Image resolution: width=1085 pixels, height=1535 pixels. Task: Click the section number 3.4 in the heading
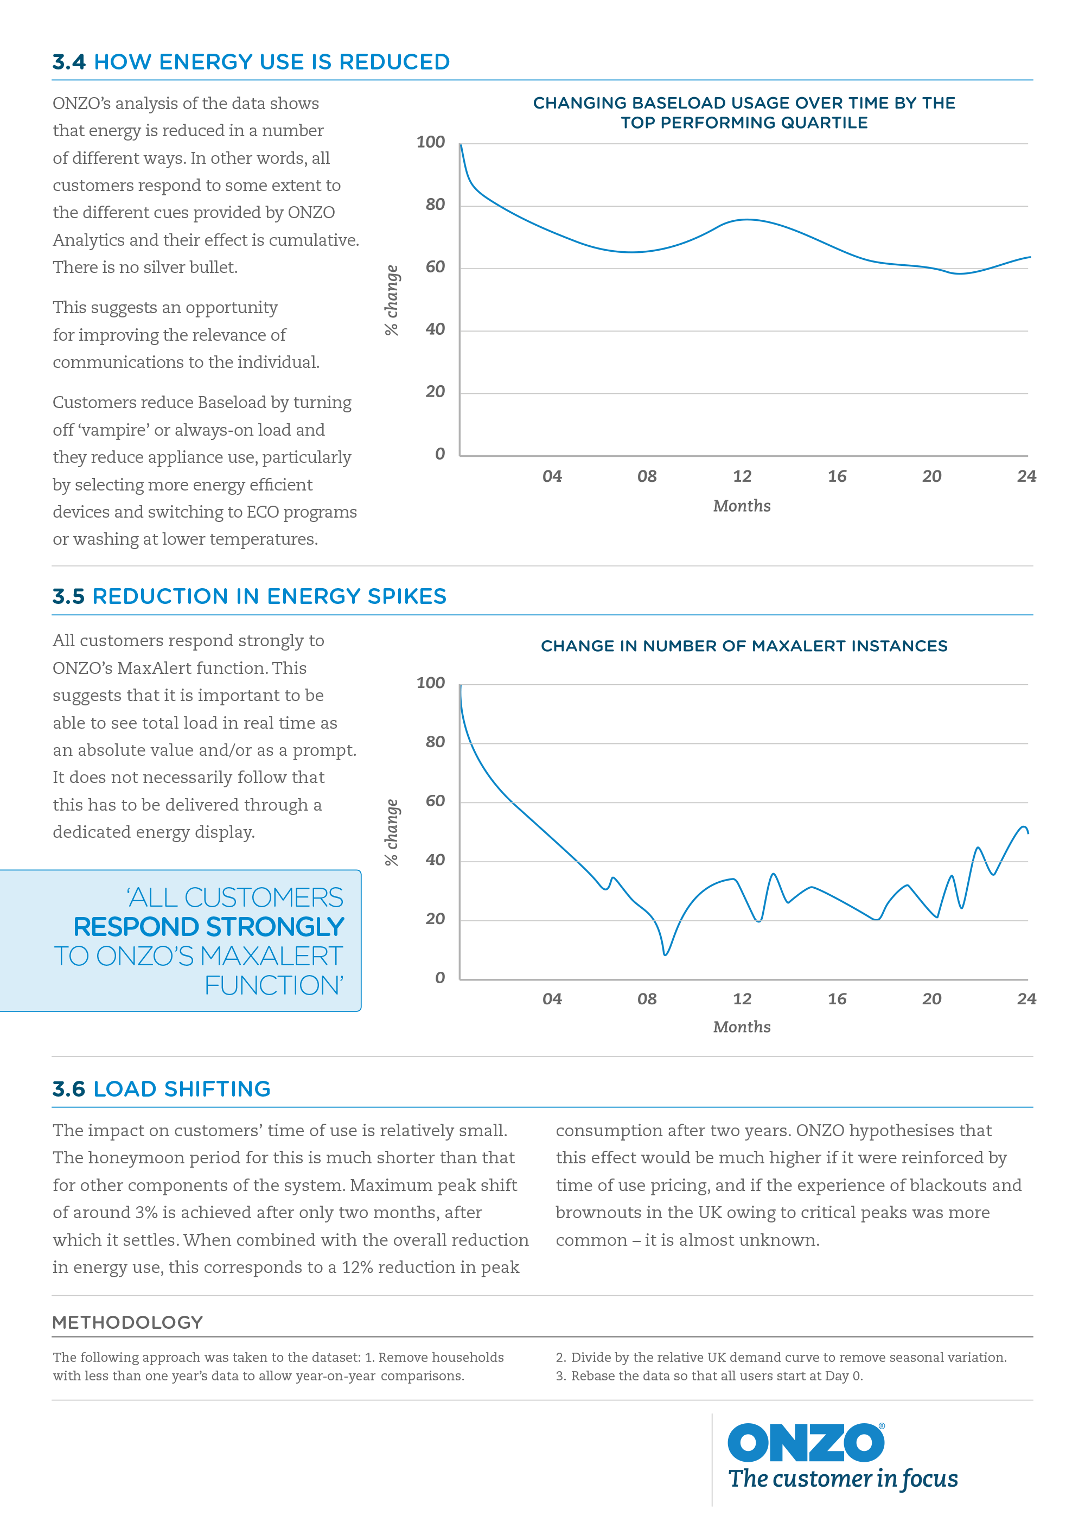point(69,62)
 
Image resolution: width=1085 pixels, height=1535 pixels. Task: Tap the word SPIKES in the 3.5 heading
point(406,596)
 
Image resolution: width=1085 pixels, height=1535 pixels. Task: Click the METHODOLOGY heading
point(127,1322)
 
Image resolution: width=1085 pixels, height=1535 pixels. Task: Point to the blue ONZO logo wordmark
point(806,1443)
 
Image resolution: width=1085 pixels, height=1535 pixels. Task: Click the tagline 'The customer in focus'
point(843,1480)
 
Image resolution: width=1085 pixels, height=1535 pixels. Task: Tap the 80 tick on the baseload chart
point(435,205)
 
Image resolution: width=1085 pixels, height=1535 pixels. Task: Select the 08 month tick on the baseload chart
point(647,477)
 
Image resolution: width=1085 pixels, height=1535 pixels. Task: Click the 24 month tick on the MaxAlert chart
point(1026,999)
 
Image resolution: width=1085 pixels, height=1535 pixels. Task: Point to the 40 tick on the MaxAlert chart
point(435,861)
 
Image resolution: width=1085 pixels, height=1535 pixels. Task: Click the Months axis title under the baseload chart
point(742,506)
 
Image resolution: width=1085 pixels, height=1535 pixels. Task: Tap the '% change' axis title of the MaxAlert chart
point(392,832)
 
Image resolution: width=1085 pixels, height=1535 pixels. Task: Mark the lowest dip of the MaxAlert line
point(665,954)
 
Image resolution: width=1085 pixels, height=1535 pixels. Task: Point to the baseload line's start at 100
point(461,144)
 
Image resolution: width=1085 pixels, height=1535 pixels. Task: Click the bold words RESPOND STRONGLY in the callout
point(208,927)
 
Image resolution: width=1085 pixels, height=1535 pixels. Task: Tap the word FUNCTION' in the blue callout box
point(274,986)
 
